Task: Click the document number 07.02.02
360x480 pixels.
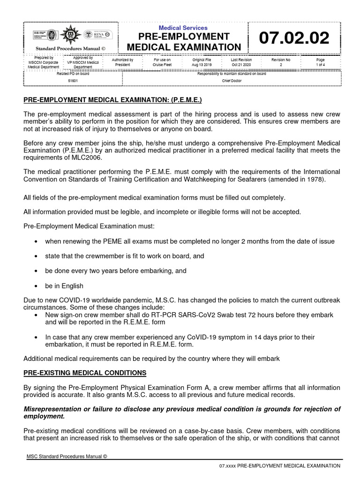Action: pos(297,39)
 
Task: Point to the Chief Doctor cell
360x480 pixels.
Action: pos(231,80)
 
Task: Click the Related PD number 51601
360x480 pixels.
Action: pos(73,80)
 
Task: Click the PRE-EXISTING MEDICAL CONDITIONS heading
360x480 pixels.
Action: pos(85,373)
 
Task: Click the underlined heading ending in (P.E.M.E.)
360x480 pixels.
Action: pos(113,100)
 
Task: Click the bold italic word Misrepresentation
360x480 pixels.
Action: pos(53,409)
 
